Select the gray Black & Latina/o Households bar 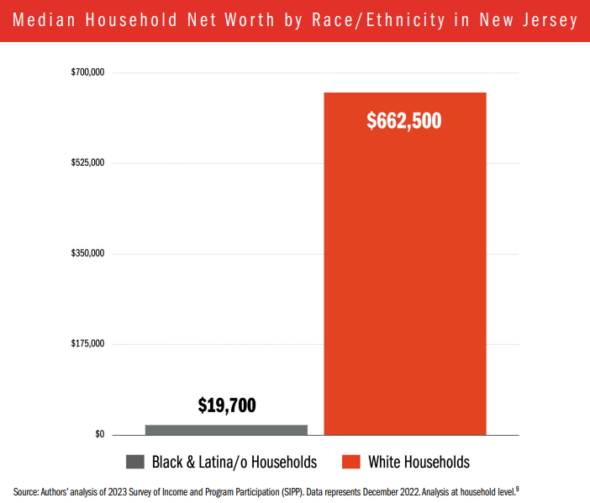[x=226, y=429]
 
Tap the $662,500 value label [x=404, y=121]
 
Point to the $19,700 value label [x=227, y=405]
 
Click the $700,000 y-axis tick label [x=87, y=73]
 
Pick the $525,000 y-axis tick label [x=87, y=163]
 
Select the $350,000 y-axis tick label [x=87, y=253]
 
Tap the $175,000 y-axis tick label [x=87, y=344]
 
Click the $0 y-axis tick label [x=99, y=434]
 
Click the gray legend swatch [x=135, y=462]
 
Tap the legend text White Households [x=419, y=462]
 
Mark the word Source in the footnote [x=26, y=490]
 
